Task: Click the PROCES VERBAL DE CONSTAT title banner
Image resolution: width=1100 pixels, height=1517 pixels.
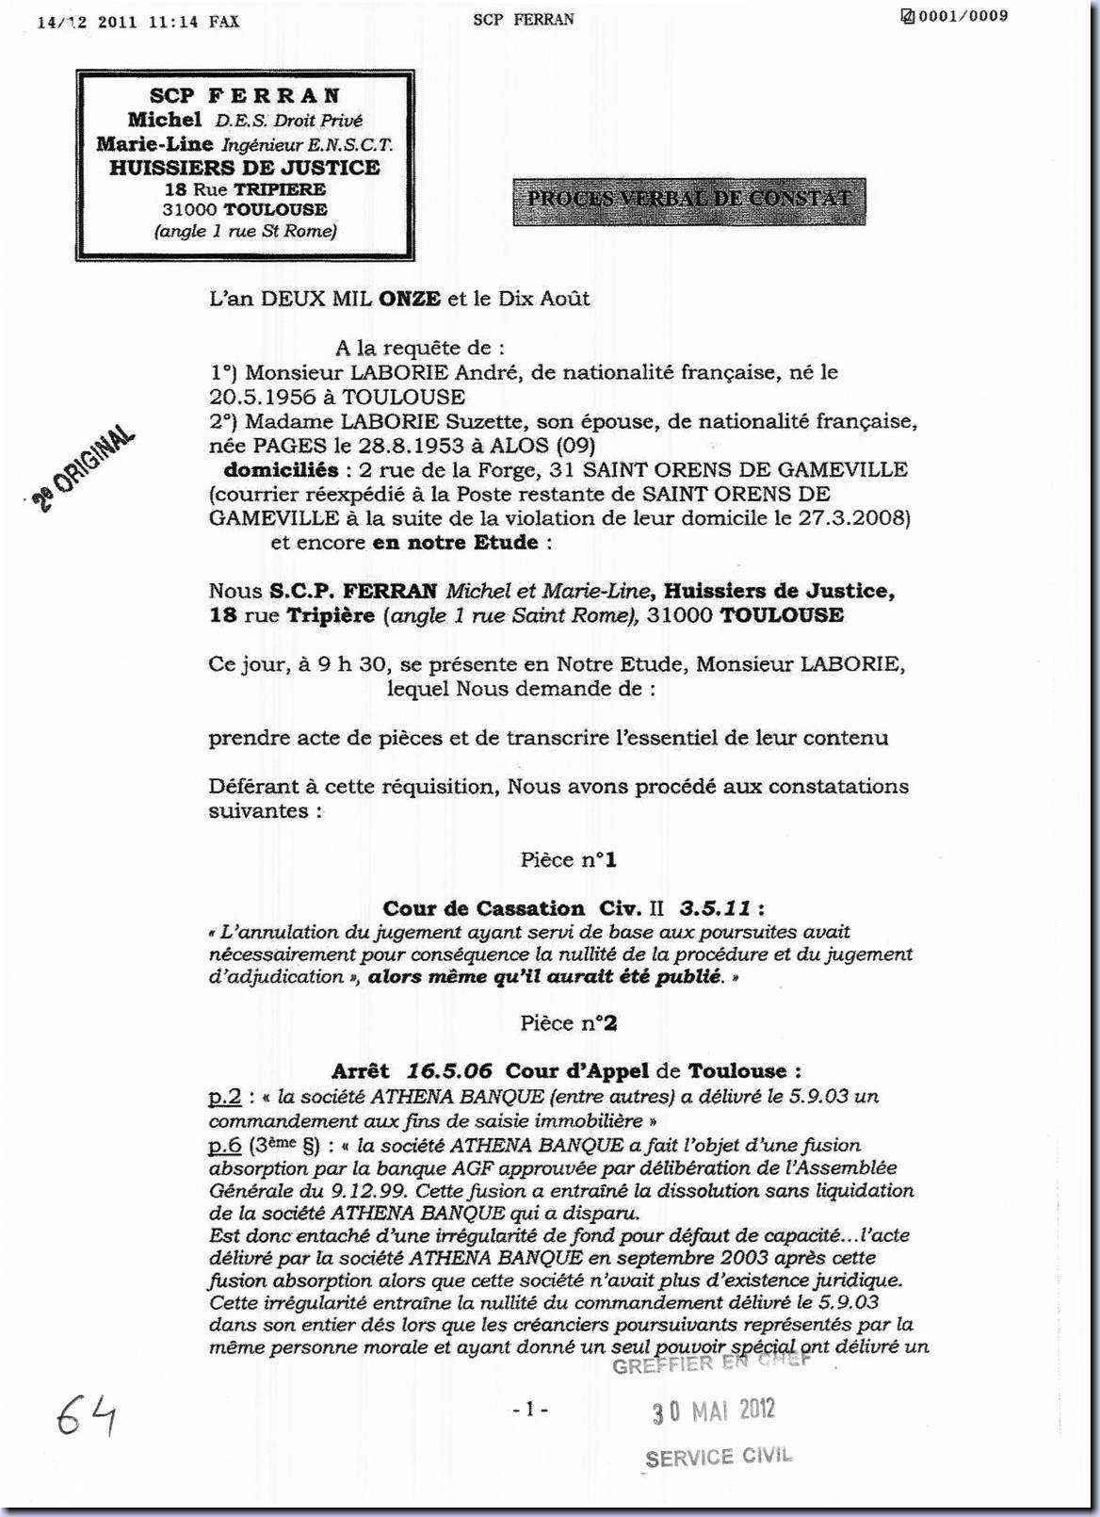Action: click(x=688, y=199)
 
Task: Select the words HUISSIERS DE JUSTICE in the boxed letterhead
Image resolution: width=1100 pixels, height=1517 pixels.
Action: click(x=244, y=168)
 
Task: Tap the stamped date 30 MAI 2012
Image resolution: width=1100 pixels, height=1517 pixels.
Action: click(x=714, y=1411)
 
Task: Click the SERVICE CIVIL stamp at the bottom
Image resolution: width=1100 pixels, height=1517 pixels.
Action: click(x=719, y=1457)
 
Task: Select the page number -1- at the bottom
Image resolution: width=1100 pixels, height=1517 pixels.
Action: click(x=530, y=1410)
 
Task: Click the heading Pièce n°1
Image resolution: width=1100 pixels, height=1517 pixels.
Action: click(x=569, y=859)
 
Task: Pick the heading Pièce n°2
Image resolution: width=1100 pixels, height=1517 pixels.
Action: click(x=569, y=1022)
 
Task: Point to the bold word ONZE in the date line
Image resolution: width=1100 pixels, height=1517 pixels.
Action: click(x=409, y=299)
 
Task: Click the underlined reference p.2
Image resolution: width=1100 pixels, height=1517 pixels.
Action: click(x=225, y=1097)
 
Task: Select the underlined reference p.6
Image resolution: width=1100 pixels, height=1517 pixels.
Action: click(x=225, y=1146)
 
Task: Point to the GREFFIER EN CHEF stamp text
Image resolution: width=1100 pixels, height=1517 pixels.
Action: click(x=710, y=1363)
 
